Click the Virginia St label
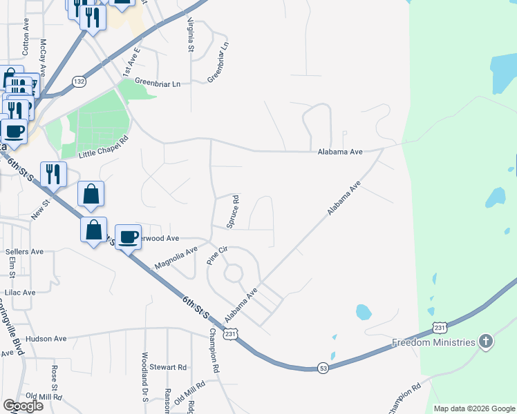[x=189, y=34]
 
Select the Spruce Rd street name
[x=234, y=211]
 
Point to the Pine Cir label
[x=217, y=255]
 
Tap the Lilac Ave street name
[x=20, y=293]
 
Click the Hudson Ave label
[x=46, y=339]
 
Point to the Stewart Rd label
[x=172, y=367]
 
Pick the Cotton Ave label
[x=26, y=43]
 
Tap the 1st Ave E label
[x=131, y=61]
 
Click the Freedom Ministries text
[x=433, y=342]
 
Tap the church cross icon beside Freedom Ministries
[x=486, y=342]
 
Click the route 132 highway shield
[x=79, y=81]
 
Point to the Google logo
[x=23, y=405]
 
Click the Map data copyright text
[x=474, y=408]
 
